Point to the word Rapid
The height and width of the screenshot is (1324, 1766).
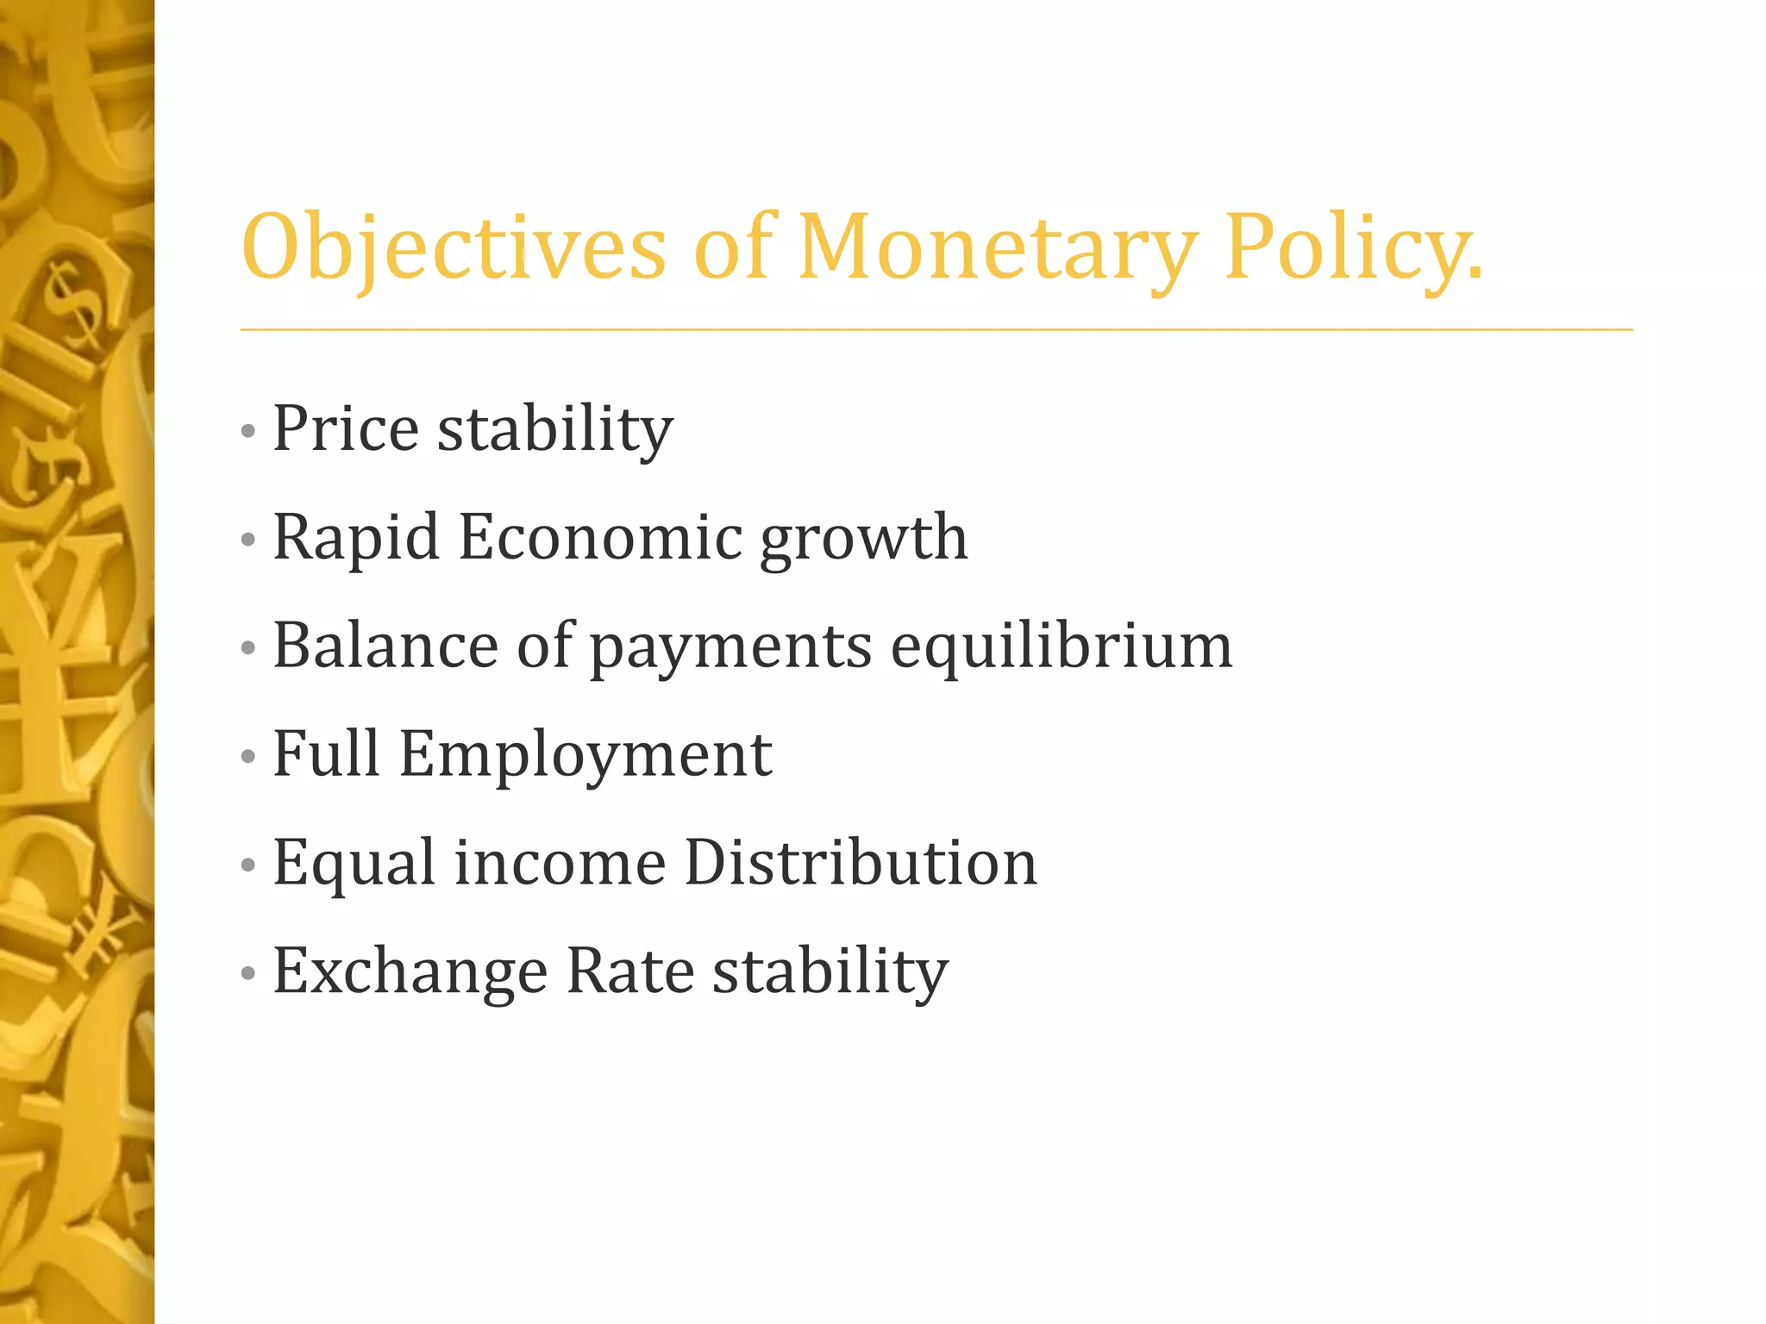tap(356, 537)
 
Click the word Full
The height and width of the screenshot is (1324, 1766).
tap(327, 753)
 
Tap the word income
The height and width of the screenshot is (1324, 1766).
tap(560, 863)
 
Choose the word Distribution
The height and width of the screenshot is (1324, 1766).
tap(861, 862)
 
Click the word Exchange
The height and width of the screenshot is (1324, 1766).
tap(410, 971)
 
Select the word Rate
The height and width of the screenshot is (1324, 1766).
tap(630, 971)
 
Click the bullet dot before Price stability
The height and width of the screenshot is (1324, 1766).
tap(248, 430)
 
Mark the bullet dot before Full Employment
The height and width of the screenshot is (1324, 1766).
tap(248, 756)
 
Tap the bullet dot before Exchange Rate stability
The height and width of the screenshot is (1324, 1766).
tap(248, 973)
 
